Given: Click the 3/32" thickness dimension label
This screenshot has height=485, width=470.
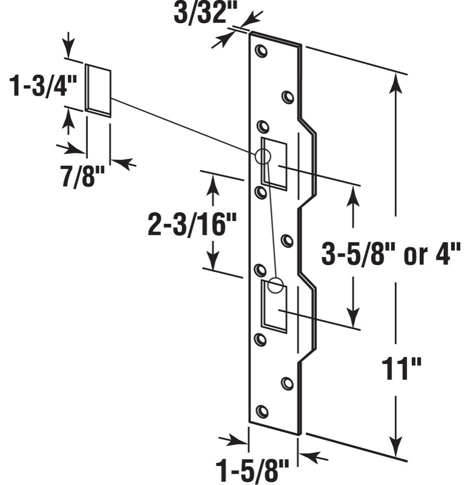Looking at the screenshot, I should [x=201, y=14].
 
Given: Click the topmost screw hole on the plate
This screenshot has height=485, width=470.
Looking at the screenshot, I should [x=261, y=51].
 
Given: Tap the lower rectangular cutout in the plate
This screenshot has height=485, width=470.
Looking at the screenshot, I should [x=275, y=306].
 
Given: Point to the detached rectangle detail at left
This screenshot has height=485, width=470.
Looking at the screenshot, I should [x=98, y=91].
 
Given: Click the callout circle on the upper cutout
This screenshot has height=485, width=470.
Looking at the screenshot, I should [x=262, y=156].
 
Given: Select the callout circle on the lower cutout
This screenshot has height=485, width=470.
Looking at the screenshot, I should [x=276, y=285].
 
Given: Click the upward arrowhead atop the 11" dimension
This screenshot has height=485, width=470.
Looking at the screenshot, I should [x=396, y=82].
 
